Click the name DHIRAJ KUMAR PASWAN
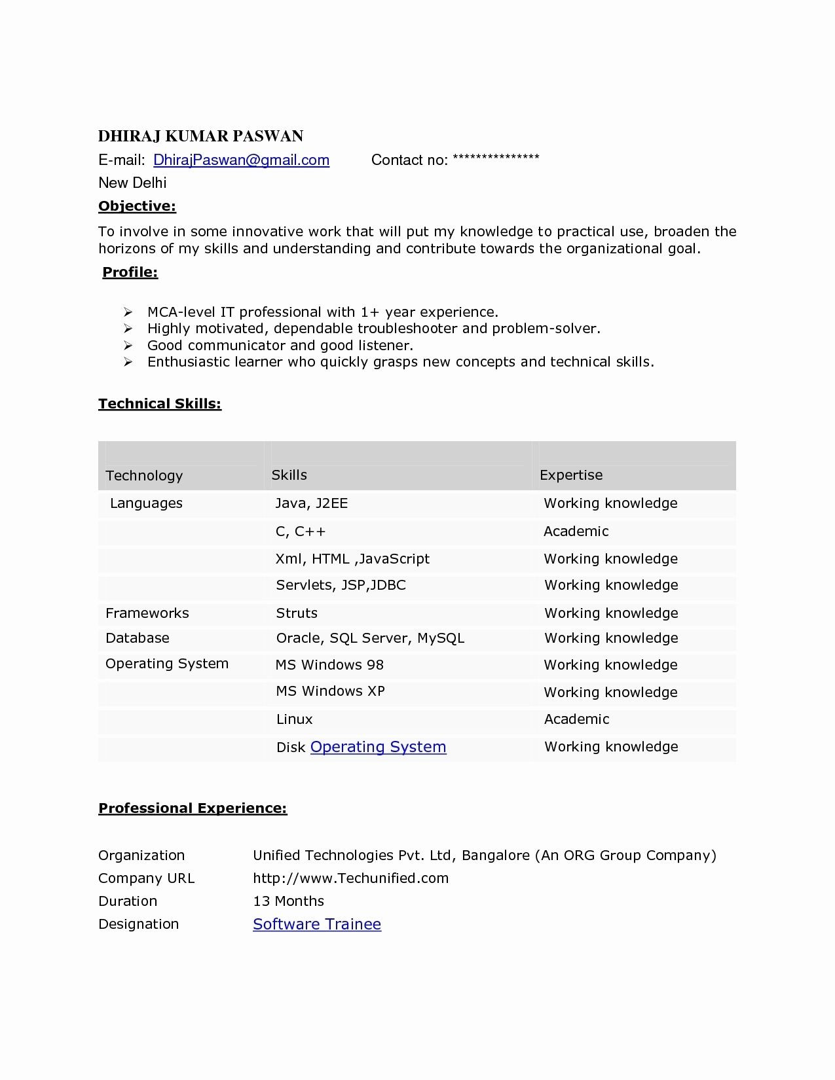click(200, 136)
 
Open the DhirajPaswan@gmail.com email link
click(241, 160)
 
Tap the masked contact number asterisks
click(495, 158)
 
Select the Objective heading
click(137, 206)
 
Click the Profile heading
click(130, 272)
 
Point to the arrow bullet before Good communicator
click(128, 346)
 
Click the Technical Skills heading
click(160, 404)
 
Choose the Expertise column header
click(571, 475)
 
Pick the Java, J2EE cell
click(311, 503)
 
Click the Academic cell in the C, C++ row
click(576, 531)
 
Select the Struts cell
click(297, 613)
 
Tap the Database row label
click(138, 638)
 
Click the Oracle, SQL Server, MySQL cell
click(370, 638)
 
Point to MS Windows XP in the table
click(330, 691)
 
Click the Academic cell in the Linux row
click(576, 719)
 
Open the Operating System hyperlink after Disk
click(378, 747)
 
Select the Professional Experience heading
click(193, 808)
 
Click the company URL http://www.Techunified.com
click(350, 878)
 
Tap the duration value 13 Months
click(288, 901)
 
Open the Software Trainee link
click(317, 924)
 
